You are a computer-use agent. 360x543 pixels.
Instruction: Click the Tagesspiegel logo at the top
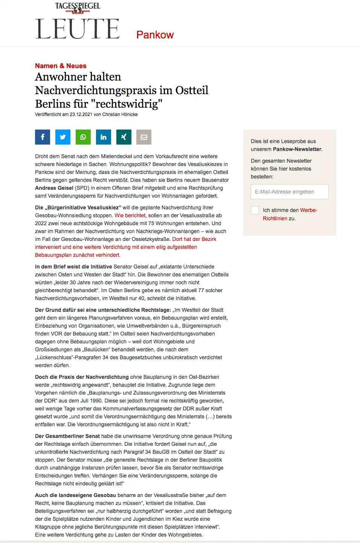click(x=78, y=7)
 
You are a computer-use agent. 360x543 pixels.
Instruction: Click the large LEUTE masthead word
click(x=78, y=29)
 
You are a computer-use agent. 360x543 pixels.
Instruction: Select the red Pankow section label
click(x=155, y=35)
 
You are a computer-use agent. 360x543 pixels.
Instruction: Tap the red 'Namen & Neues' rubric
click(x=61, y=66)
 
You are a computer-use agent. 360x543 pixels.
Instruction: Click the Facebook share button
click(x=43, y=137)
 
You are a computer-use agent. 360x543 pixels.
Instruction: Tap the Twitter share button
click(x=63, y=137)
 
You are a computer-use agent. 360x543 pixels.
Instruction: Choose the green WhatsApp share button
click(x=83, y=137)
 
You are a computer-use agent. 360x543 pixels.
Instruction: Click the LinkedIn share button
click(x=104, y=137)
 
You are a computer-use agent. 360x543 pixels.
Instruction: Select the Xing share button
click(x=124, y=137)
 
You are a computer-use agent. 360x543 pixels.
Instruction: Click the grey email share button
click(x=144, y=137)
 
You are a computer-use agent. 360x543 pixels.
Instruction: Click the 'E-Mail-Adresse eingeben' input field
click(x=290, y=192)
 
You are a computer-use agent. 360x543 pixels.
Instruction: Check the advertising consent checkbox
click(x=255, y=210)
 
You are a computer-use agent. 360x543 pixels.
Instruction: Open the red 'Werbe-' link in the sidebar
click(x=308, y=210)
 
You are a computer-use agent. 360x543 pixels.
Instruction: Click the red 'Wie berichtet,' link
click(x=131, y=215)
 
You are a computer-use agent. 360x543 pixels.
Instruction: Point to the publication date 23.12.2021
click(x=81, y=114)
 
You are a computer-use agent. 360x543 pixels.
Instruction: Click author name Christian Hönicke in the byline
click(x=120, y=114)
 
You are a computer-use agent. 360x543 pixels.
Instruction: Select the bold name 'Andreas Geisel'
click(x=54, y=188)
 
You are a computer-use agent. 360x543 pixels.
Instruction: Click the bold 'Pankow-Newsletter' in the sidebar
click(x=297, y=149)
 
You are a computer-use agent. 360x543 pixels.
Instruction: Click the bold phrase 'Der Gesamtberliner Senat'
click(x=67, y=436)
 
